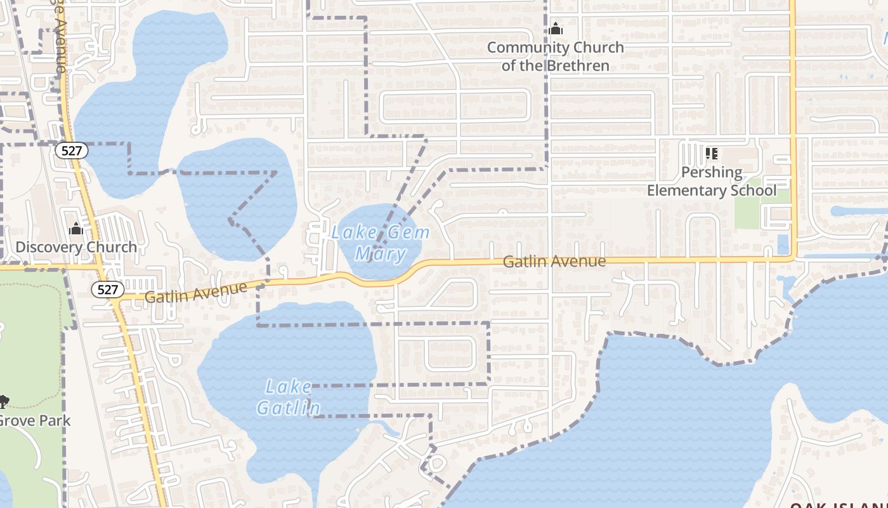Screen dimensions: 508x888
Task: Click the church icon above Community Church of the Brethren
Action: [x=556, y=29]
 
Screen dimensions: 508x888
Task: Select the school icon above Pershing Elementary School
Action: [x=712, y=154]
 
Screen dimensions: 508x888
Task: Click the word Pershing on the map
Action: [x=711, y=172]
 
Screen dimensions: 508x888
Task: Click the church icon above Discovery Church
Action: [x=76, y=229]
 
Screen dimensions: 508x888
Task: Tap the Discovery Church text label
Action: [x=76, y=247]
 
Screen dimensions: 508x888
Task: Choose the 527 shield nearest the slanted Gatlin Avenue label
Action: [x=107, y=290]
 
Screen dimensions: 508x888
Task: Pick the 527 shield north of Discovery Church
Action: [x=71, y=150]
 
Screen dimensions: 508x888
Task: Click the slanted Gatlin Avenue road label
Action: [x=195, y=292]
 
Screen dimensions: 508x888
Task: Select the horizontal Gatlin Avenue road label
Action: [x=554, y=261]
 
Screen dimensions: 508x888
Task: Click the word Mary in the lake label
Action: [x=381, y=255]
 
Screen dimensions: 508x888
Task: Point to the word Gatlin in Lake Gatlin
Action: [x=289, y=408]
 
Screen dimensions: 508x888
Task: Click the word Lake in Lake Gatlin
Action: [x=289, y=387]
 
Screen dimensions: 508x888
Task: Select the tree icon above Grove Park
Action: [x=4, y=401]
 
